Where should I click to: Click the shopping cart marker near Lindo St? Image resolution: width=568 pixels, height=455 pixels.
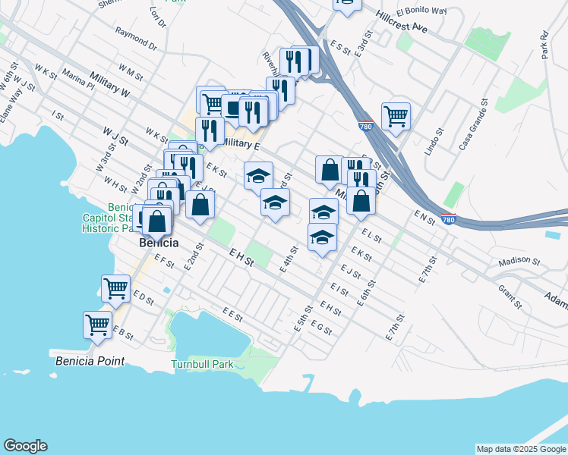(x=396, y=117)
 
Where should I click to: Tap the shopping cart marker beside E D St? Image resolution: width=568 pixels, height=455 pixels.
(x=115, y=288)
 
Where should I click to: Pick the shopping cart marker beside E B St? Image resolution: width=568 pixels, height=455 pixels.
(x=98, y=325)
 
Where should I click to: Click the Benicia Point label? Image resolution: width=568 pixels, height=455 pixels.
(x=90, y=361)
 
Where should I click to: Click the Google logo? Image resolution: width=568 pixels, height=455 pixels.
(x=25, y=446)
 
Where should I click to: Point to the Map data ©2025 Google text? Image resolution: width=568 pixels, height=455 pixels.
(x=521, y=449)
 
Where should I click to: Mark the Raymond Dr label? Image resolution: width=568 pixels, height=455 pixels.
(x=136, y=39)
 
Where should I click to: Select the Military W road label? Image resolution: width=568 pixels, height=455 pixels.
(x=109, y=83)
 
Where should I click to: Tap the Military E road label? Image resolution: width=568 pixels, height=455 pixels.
(x=242, y=144)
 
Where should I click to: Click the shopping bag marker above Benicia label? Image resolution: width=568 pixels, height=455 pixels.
(x=157, y=222)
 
